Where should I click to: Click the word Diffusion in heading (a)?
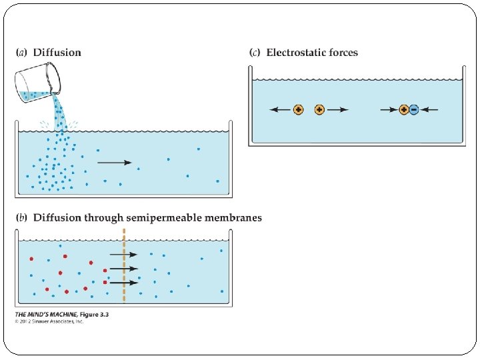pyautogui.click(x=57, y=53)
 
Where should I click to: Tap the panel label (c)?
pyautogui.click(x=255, y=53)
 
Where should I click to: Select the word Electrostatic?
pyautogui.click(x=297, y=53)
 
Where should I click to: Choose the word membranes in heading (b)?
pyautogui.click(x=236, y=218)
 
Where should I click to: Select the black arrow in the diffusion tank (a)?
pyautogui.click(x=114, y=163)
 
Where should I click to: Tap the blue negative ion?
pyautogui.click(x=414, y=109)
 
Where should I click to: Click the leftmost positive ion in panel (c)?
pyautogui.click(x=298, y=109)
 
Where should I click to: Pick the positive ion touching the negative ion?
pyautogui.click(x=404, y=109)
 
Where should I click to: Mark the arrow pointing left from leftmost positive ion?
pyautogui.click(x=280, y=109)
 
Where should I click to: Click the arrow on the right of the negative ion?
pyautogui.click(x=430, y=109)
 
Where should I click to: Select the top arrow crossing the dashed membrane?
pyautogui.click(x=123, y=254)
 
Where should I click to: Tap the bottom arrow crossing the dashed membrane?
pyautogui.click(x=123, y=283)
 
